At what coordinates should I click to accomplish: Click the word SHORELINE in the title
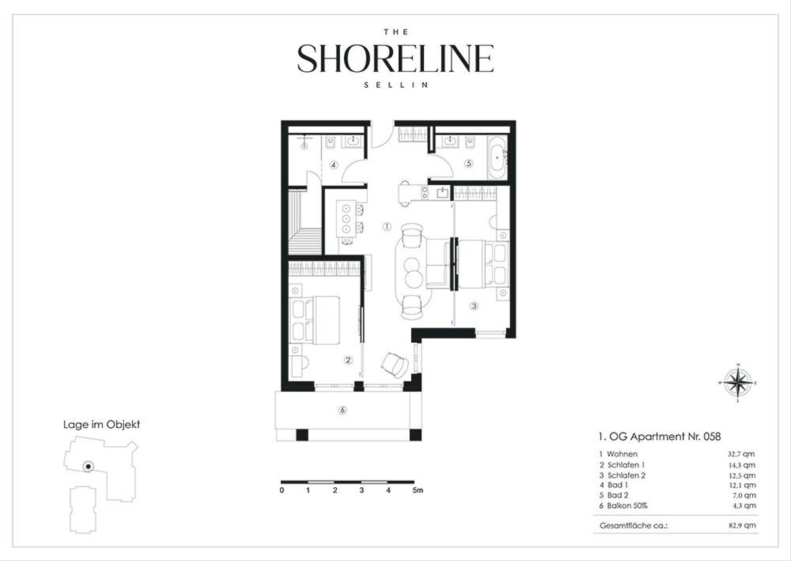[395, 58]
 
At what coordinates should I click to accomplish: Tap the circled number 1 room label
[387, 227]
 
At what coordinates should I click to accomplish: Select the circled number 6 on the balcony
[342, 410]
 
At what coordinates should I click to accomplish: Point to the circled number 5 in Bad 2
[469, 163]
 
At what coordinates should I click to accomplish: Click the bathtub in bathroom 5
[498, 158]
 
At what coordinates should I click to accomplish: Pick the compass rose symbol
[738, 383]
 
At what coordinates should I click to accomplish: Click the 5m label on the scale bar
[417, 490]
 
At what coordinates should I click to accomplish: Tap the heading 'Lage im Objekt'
[102, 425]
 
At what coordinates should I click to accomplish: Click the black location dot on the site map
[88, 467]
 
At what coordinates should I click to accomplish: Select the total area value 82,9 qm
[742, 525]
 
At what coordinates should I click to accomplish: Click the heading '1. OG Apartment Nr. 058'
[660, 436]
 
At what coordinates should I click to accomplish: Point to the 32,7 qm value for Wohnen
[741, 454]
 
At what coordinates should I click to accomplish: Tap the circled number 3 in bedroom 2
[474, 306]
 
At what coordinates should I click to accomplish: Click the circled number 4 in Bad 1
[334, 165]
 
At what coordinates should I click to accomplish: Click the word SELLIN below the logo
[396, 85]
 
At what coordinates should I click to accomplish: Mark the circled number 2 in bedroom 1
[348, 360]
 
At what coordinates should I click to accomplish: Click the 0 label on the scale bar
[282, 490]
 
